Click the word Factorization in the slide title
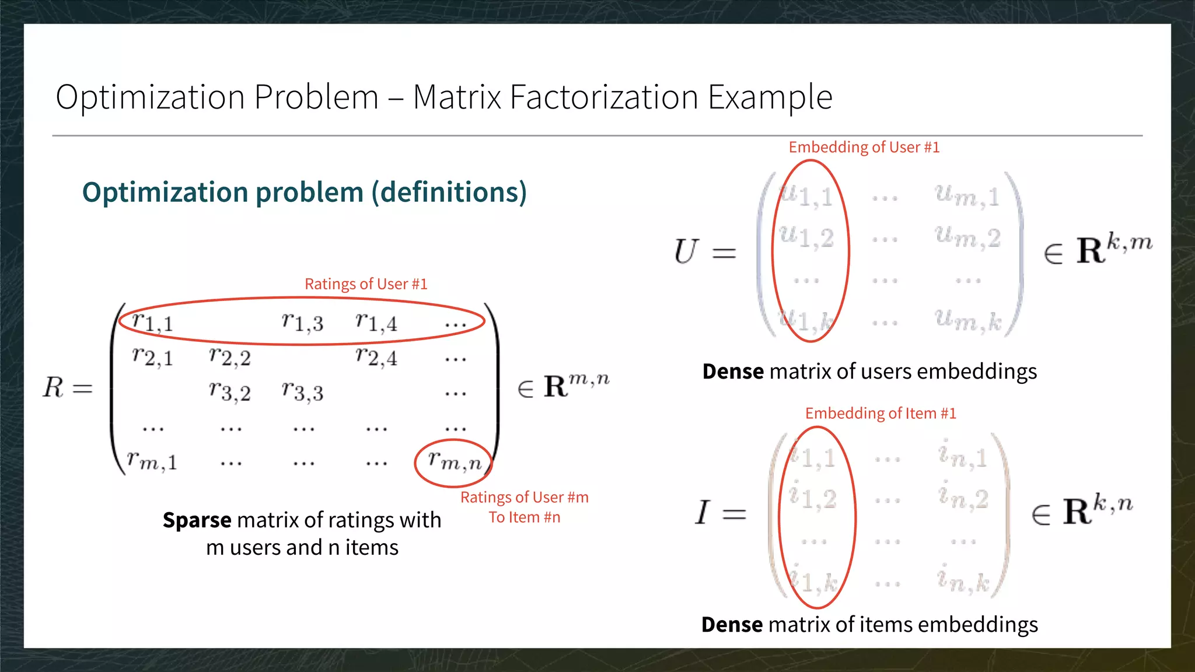click(x=603, y=97)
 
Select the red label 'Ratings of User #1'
click(x=366, y=284)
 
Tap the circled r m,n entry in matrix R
click(x=454, y=462)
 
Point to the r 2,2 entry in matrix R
click(x=229, y=357)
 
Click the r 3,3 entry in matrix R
click(x=302, y=392)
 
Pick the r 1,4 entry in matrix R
click(x=376, y=322)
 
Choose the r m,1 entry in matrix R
click(x=152, y=462)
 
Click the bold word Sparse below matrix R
click(x=197, y=520)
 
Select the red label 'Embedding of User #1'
click(x=864, y=147)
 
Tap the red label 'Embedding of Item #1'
click(x=880, y=414)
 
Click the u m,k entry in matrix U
click(x=967, y=320)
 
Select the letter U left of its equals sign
click(x=686, y=252)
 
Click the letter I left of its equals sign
click(x=703, y=513)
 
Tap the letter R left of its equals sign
click(x=53, y=387)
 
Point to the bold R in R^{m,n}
click(x=555, y=387)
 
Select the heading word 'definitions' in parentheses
click(x=449, y=192)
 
